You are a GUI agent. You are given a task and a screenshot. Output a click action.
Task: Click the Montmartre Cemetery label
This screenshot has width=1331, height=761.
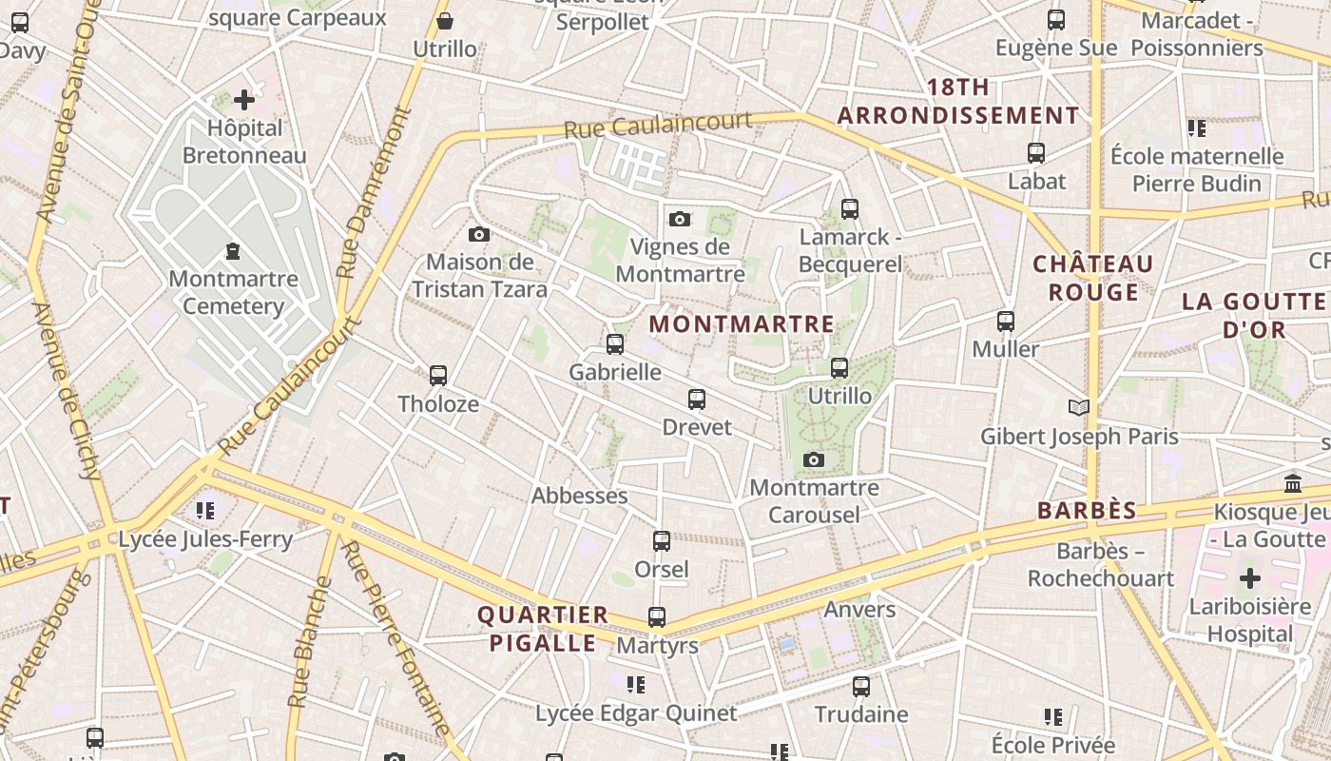click(233, 292)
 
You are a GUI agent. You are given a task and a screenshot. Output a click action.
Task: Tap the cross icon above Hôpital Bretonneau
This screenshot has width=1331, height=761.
click(244, 99)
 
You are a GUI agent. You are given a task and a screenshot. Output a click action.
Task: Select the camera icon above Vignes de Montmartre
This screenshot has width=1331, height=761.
click(679, 219)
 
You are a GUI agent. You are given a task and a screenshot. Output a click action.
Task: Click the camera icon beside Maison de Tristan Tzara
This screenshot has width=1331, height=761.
click(479, 234)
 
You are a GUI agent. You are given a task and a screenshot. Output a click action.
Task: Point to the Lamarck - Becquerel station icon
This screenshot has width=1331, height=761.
click(849, 208)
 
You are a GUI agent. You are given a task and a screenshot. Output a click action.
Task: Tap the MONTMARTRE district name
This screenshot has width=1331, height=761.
click(742, 323)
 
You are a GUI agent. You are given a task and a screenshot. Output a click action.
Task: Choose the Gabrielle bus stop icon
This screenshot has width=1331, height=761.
click(615, 344)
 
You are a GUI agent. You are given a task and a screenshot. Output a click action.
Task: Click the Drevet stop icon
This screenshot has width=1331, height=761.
click(697, 400)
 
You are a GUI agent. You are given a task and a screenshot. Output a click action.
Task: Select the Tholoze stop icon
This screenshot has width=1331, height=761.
click(437, 376)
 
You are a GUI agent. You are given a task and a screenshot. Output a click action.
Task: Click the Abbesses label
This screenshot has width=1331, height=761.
click(579, 496)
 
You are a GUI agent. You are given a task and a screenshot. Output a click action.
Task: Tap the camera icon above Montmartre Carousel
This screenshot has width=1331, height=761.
click(813, 460)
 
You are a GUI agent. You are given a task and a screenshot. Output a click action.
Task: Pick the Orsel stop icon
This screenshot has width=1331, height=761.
click(661, 541)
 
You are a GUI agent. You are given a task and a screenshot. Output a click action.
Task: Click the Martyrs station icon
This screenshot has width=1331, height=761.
click(657, 617)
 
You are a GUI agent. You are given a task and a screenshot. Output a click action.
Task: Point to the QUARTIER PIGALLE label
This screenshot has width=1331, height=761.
click(543, 629)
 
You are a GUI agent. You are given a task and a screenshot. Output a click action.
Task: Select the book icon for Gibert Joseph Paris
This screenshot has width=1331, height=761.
click(1078, 408)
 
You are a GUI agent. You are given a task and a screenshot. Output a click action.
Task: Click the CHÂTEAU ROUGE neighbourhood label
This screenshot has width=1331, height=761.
click(1093, 278)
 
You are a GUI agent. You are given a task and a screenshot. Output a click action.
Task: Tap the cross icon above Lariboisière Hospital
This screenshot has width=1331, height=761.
click(1249, 578)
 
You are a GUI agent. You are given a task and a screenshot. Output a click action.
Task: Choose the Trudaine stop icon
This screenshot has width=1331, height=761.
click(860, 686)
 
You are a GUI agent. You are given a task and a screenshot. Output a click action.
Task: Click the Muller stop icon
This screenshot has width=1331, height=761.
click(1006, 322)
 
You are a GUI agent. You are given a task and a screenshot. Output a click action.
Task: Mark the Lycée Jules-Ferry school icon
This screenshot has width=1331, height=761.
click(205, 511)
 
